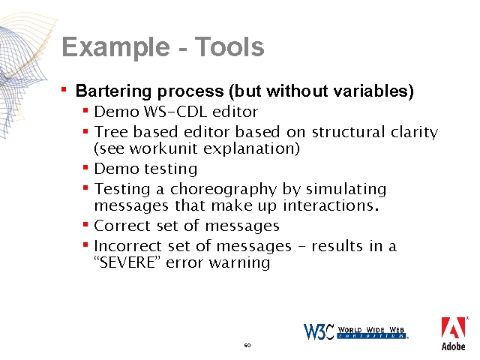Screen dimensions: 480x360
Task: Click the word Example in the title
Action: tap(115, 47)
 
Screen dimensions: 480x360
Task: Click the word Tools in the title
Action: tap(229, 46)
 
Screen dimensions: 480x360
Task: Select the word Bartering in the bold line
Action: tap(113, 91)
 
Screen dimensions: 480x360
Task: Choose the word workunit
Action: tap(163, 148)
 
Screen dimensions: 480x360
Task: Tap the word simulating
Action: tap(346, 190)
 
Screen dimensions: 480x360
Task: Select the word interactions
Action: tap(331, 205)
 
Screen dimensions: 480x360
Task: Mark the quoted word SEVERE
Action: tap(128, 262)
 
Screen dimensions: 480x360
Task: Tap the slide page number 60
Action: tap(247, 345)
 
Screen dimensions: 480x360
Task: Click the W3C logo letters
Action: tap(318, 331)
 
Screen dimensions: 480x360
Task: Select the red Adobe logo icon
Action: tap(453, 328)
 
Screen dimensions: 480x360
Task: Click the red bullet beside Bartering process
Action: tap(64, 89)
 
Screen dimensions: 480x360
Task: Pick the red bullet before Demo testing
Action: tap(85, 167)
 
